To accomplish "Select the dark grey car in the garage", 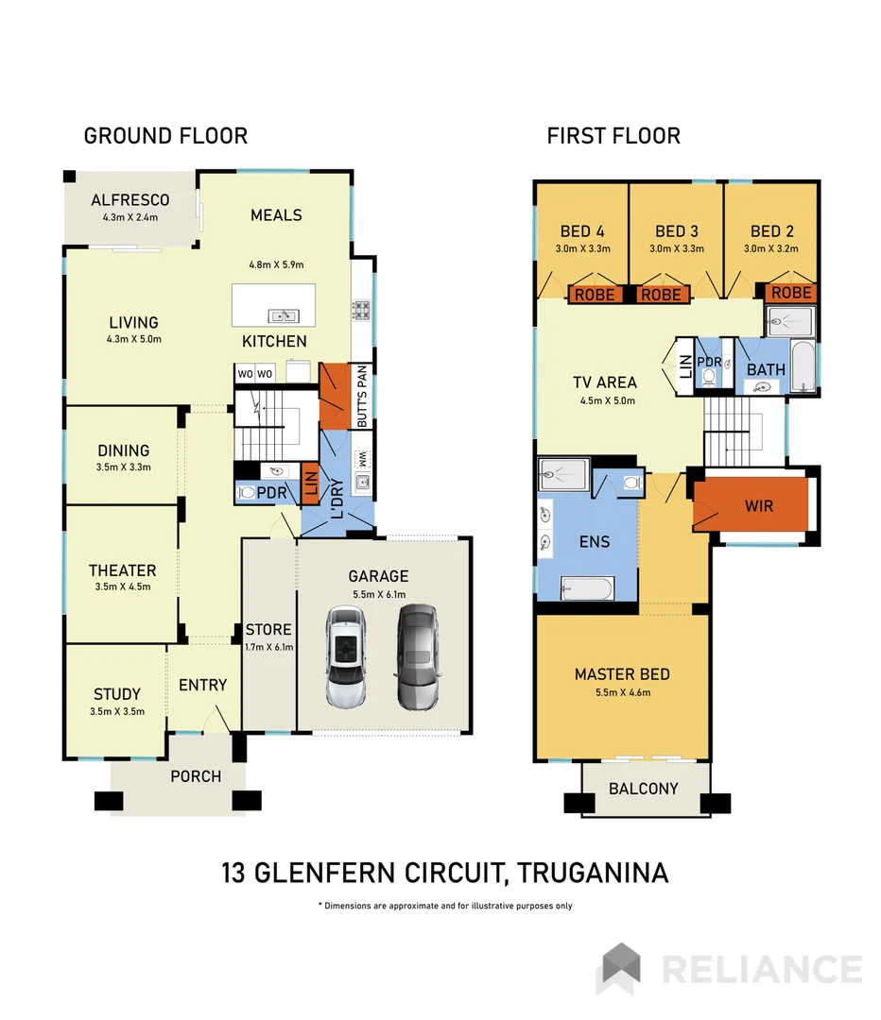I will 417,657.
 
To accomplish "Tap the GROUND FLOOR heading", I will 165,136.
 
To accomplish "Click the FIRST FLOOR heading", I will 613,136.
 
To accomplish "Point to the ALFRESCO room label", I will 130,200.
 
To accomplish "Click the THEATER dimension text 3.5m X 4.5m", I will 123,587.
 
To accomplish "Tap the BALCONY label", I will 643,789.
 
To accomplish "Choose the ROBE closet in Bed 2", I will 790,293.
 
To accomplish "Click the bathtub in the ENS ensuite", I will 587,588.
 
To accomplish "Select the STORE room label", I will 268,630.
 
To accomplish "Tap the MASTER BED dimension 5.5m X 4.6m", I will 622,692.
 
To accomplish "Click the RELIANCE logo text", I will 761,970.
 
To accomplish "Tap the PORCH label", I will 196,776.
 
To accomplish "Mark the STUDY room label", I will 117,694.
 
